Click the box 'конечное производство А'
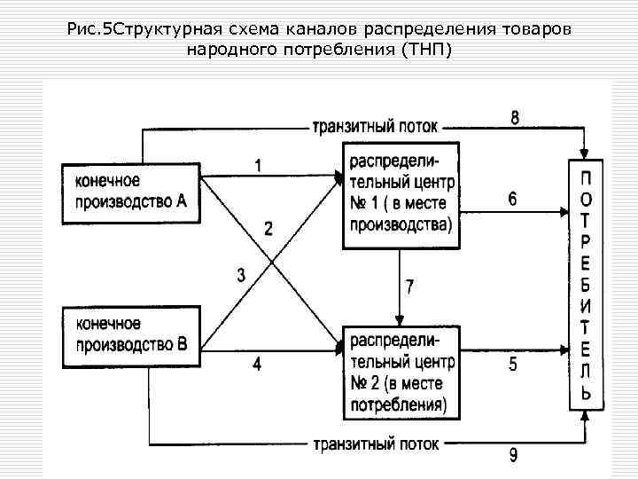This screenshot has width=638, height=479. pyautogui.click(x=129, y=192)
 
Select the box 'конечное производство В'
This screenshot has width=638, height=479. pyautogui.click(x=129, y=337)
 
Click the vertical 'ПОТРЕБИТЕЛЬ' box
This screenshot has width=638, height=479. pyautogui.click(x=586, y=284)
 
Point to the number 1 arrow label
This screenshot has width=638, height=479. pyautogui.click(x=258, y=165)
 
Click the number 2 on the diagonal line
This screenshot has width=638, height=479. pyautogui.click(x=268, y=228)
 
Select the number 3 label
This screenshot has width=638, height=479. pyautogui.click(x=241, y=276)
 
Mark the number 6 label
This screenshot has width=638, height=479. pyautogui.click(x=513, y=200)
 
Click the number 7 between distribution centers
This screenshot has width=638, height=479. pyautogui.click(x=409, y=287)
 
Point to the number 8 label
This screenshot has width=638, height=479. pyautogui.click(x=515, y=117)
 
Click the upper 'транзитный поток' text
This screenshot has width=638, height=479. pyautogui.click(x=374, y=127)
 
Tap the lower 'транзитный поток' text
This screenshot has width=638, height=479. pyautogui.click(x=374, y=442)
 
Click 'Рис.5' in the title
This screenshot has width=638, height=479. pyautogui.click(x=87, y=31)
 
